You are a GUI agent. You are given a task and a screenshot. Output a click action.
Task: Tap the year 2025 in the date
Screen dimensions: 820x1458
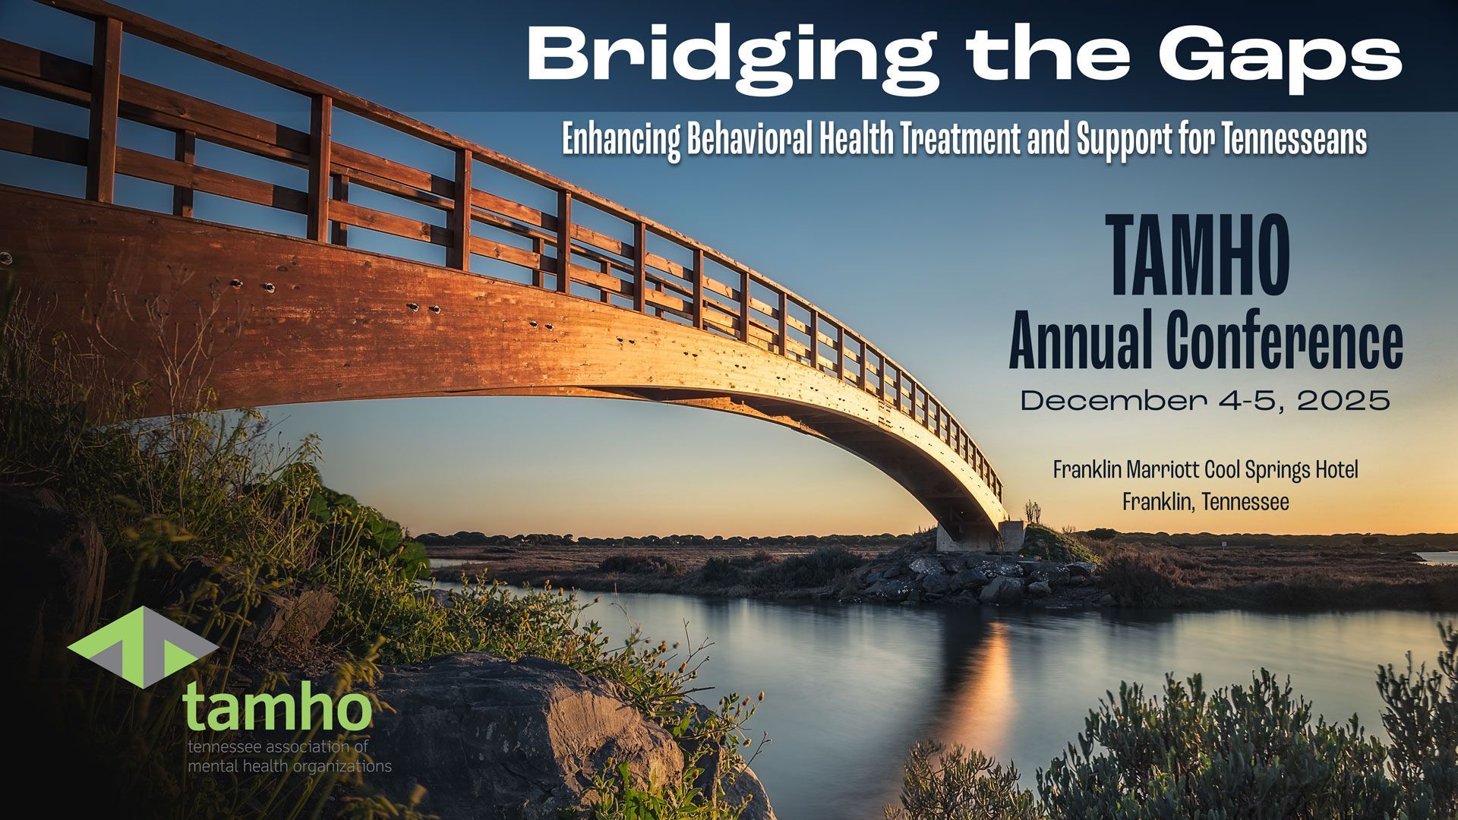pyautogui.click(x=1343, y=400)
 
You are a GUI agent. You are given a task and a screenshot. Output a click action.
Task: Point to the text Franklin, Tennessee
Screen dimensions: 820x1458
pyautogui.click(x=1205, y=502)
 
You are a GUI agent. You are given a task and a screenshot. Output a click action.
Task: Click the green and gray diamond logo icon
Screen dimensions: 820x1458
pyautogui.click(x=143, y=646)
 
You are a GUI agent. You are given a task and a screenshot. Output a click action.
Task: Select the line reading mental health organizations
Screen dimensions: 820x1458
pyautogui.click(x=289, y=765)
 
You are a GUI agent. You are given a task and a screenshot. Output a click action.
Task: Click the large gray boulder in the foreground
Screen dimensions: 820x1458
pyautogui.click(x=516, y=721)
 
